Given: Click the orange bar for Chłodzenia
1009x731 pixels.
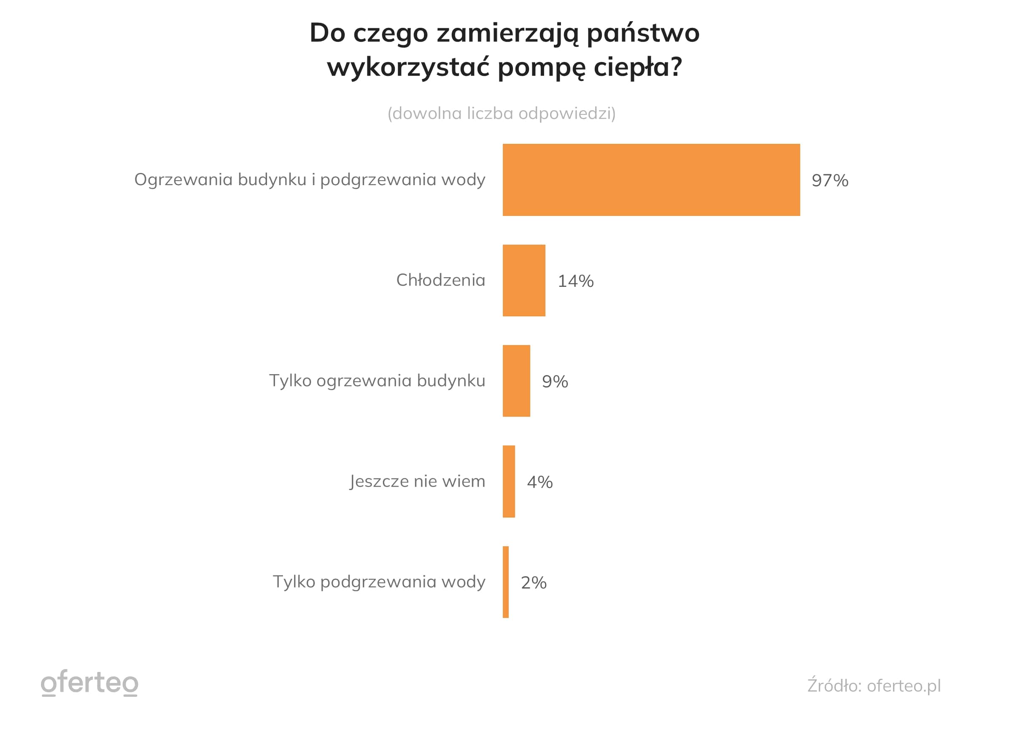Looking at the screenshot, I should (523, 281).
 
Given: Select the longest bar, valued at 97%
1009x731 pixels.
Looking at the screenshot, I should (651, 180).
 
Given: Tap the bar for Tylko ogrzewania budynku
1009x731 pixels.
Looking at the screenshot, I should (516, 381).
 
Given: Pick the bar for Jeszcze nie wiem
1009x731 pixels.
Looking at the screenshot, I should (508, 481).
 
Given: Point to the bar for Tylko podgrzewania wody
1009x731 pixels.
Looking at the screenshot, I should (505, 582).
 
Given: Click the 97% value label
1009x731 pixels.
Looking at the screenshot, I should (830, 181).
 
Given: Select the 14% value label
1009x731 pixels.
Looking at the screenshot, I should (576, 281).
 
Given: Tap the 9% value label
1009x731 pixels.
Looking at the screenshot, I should (555, 382).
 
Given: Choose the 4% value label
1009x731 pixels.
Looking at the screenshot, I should (540, 482).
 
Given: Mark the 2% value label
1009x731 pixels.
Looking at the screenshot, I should (534, 583).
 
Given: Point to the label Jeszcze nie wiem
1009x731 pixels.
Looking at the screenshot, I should (417, 481).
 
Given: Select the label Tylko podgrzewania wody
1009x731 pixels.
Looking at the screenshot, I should (379, 582).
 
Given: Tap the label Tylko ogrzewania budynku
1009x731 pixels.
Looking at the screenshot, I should (377, 381).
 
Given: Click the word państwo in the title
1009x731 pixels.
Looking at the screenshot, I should (643, 33).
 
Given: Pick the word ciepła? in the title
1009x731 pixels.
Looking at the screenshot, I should (637, 67).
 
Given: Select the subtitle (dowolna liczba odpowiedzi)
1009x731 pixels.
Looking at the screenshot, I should (502, 113).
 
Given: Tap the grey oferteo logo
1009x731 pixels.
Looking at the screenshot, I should (89, 683).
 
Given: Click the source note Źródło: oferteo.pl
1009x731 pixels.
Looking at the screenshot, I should (874, 685).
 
